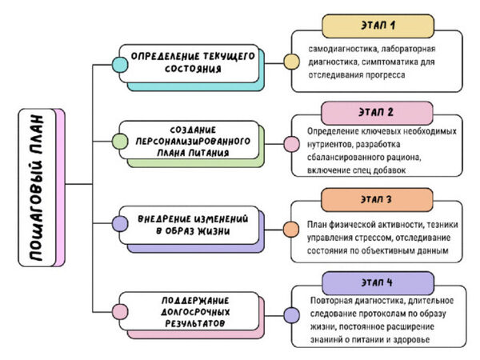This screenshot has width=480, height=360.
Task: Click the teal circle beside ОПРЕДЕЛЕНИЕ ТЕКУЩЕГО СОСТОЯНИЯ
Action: [x=118, y=63]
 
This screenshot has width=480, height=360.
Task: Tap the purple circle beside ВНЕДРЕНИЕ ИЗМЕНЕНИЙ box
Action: [x=118, y=225]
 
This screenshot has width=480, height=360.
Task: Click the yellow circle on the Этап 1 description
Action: [x=291, y=62]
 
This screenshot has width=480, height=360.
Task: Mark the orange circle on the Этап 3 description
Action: [x=291, y=230]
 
